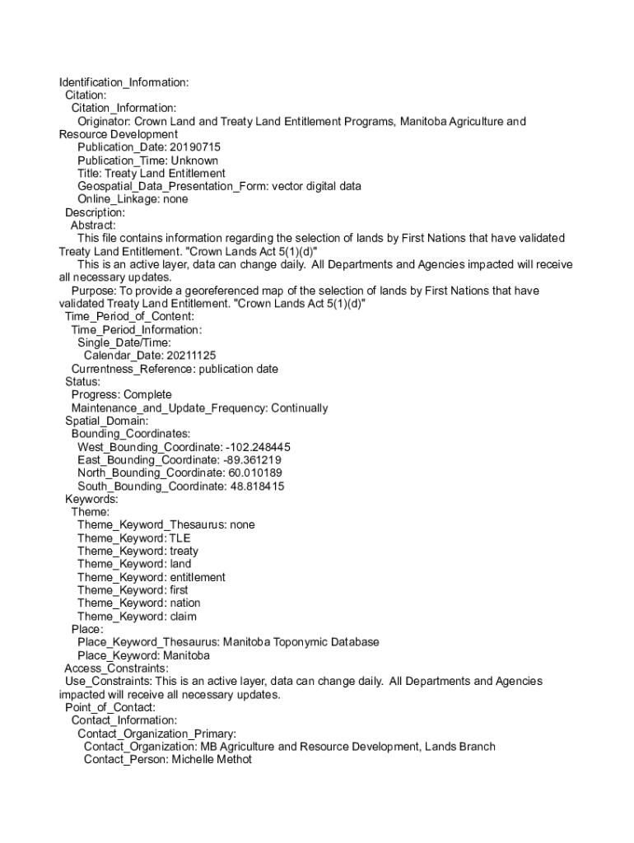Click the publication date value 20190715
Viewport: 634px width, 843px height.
[195, 147]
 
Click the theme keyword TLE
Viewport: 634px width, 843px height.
[179, 538]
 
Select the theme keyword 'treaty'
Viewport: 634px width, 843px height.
[184, 551]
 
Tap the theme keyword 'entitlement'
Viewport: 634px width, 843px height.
[197, 577]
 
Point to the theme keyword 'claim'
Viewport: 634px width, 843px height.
[183, 617]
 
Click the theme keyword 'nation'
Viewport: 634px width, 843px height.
[184, 603]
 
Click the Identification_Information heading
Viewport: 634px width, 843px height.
[124, 82]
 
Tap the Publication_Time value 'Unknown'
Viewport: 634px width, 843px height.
[194, 161]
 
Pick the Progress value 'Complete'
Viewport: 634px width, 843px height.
[147, 395]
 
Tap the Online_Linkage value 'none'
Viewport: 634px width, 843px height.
[175, 199]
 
